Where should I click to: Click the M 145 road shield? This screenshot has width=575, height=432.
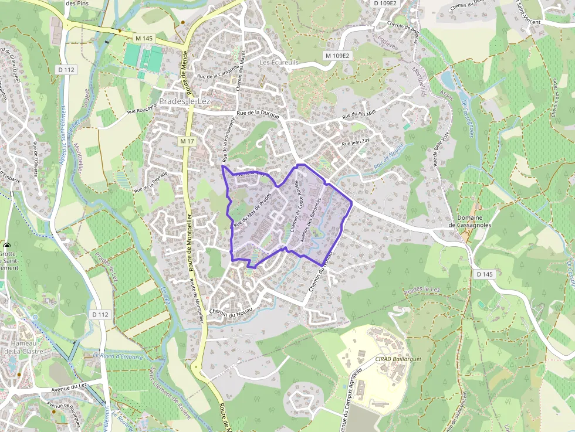(144, 38)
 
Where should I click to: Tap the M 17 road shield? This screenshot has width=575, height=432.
(187, 141)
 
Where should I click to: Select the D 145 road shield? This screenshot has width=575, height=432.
(485, 274)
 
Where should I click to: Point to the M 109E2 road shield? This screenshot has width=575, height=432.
(337, 56)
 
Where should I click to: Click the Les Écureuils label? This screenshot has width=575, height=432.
(279, 62)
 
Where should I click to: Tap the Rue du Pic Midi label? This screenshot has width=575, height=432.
(366, 111)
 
